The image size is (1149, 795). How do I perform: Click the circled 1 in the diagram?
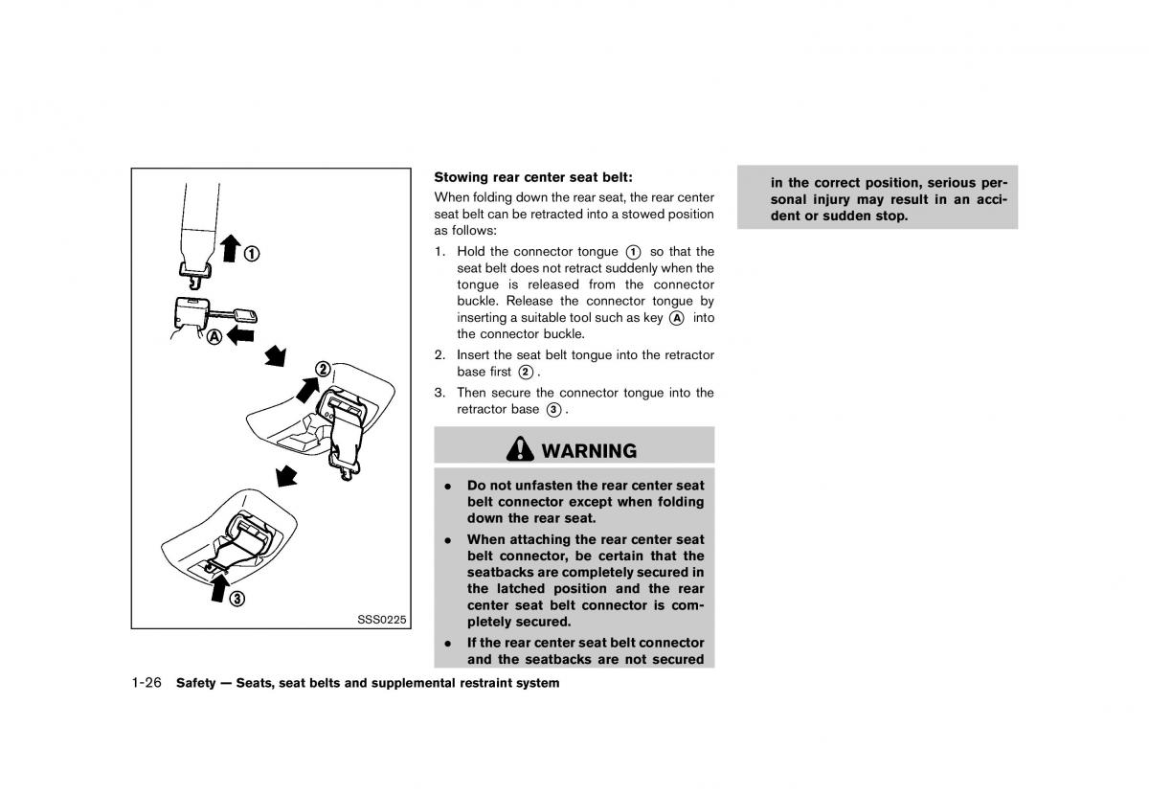(x=251, y=254)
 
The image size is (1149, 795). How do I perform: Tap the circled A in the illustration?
(x=213, y=336)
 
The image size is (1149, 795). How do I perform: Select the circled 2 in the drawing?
(x=323, y=370)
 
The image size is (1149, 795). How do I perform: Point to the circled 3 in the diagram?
(x=236, y=599)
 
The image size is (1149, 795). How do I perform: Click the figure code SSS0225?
(x=381, y=619)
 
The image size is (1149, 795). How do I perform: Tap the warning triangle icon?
(x=521, y=449)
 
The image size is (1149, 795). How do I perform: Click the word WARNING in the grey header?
(x=588, y=450)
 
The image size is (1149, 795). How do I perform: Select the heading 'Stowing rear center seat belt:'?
(x=533, y=177)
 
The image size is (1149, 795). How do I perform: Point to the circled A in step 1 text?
(x=676, y=317)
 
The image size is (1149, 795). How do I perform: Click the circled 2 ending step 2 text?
(x=526, y=372)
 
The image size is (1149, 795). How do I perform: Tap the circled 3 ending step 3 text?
(x=553, y=410)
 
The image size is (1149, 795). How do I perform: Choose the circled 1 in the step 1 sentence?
(x=634, y=252)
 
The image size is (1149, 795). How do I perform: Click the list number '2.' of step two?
(x=440, y=354)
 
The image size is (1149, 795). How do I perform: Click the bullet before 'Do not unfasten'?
(x=447, y=486)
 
